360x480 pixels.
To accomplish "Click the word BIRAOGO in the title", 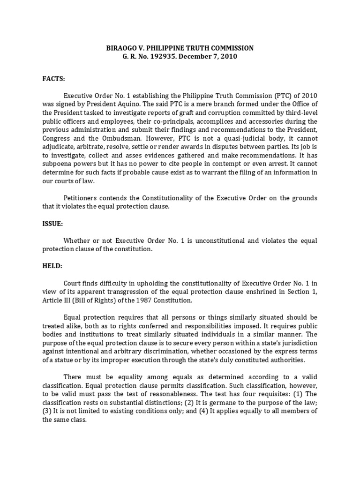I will pos(123,48).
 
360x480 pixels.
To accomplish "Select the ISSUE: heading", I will pos(52,224).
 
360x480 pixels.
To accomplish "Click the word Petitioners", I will pos(83,198).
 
